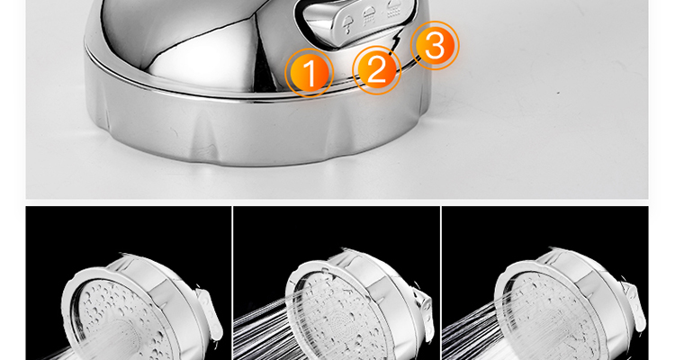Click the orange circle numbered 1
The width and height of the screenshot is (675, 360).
point(309,73)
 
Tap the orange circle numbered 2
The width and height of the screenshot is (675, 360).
point(377,70)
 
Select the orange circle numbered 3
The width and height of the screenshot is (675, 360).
point(435,45)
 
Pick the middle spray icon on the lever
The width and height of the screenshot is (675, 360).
point(369,17)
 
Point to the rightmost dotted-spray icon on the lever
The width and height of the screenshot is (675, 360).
point(394,10)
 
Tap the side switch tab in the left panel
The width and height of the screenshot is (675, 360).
point(209,312)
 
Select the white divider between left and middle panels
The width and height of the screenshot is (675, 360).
point(232,283)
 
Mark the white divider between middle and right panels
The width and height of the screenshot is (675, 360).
point(441,283)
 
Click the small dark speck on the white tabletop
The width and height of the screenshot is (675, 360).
point(558,92)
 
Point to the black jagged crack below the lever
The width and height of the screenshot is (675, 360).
point(397,40)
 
